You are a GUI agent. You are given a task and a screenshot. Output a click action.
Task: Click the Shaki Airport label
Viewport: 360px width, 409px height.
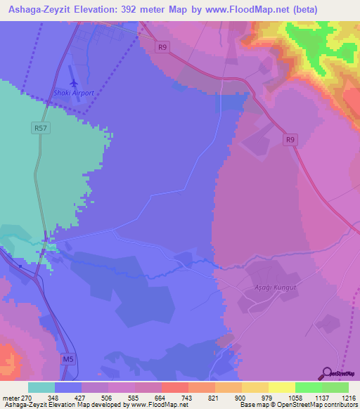74,93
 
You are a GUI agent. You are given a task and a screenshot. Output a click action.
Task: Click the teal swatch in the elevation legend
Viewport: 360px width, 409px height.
41,387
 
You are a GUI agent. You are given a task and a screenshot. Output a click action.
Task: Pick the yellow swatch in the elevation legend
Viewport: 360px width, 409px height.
281,387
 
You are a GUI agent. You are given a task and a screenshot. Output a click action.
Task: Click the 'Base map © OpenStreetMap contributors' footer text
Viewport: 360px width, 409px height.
298,405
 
